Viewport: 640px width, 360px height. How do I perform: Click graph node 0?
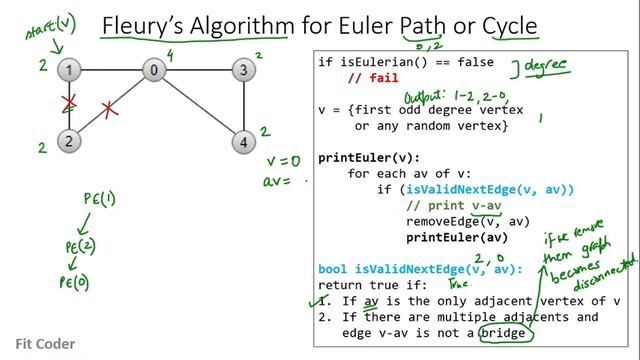[x=155, y=70]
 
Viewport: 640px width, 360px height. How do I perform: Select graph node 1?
[x=68, y=71]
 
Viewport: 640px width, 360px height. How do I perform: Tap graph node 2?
[x=68, y=140]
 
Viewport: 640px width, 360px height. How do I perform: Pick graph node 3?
[x=241, y=70]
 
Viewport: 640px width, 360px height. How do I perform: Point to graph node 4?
[x=241, y=140]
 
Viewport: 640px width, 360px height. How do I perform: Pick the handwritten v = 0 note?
[x=283, y=160]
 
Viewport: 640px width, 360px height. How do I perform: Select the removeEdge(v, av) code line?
[x=453, y=221]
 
